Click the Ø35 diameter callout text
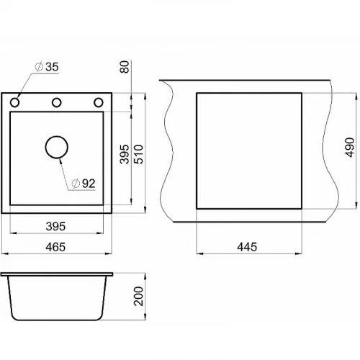point(47,67)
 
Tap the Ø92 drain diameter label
point(84,184)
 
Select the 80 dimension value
point(125,67)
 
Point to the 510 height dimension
point(139,154)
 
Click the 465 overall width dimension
point(55,247)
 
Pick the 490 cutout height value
point(350,148)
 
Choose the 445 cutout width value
point(247,247)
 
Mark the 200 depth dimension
point(138,296)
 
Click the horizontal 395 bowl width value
point(55,226)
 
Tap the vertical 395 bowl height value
point(125,154)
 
